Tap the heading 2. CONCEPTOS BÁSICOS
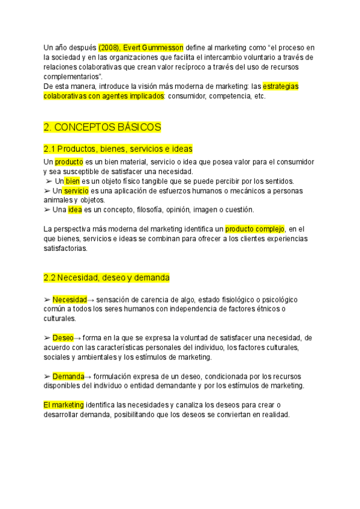click(x=103, y=128)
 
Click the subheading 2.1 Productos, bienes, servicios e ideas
click(x=118, y=148)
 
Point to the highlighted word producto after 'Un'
click(x=69, y=162)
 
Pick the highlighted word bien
click(x=73, y=181)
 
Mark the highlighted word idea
click(x=74, y=209)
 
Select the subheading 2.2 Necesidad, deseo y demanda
click(x=107, y=278)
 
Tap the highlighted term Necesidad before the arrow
click(x=70, y=300)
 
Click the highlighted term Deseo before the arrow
click(x=63, y=338)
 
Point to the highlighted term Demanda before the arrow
click(x=68, y=376)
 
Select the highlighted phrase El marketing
click(x=64, y=405)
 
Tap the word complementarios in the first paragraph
click(x=73, y=77)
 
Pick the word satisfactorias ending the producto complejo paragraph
click(x=65, y=248)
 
